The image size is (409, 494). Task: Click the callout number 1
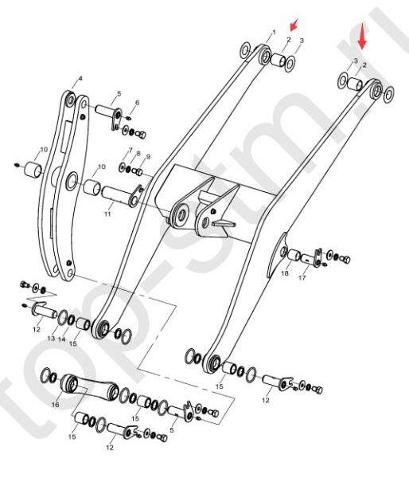tap(274, 32)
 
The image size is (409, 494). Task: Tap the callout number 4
tap(80, 78)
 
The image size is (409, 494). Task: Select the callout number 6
tap(137, 103)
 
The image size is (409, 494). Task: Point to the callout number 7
tap(130, 149)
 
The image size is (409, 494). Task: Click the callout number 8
tap(138, 154)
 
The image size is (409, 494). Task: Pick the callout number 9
tap(148, 157)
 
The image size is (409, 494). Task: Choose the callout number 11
tap(107, 214)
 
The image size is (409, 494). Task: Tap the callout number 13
tap(51, 339)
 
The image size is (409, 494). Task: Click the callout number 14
tap(61, 339)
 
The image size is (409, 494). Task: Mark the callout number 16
tap(56, 404)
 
